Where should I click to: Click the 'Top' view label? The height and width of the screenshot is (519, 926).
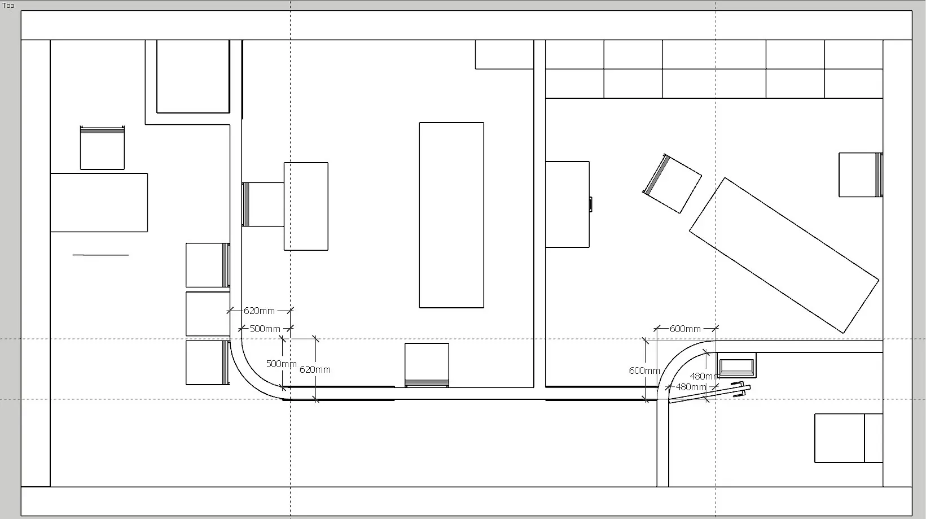[x=8, y=6]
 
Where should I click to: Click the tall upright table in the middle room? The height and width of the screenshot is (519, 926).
[x=451, y=215]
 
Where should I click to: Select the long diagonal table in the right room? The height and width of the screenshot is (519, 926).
[x=784, y=255]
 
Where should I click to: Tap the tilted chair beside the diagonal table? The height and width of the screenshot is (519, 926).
[x=672, y=184]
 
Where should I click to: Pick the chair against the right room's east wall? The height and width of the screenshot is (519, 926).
[x=861, y=175]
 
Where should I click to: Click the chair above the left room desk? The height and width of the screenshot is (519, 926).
[x=102, y=148]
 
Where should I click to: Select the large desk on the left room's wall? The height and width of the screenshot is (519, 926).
[x=99, y=202]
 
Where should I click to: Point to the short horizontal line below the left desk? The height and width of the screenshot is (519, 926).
[x=100, y=255]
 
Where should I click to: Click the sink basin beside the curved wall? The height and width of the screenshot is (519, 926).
[x=736, y=365]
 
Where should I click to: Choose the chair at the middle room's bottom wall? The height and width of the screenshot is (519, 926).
[x=427, y=365]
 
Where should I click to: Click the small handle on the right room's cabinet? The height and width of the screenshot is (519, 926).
[x=591, y=204]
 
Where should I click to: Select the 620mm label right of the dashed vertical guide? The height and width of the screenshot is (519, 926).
[x=315, y=369]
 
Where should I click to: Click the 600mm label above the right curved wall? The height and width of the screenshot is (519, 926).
[x=685, y=329]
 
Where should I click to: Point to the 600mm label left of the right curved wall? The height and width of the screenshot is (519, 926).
[x=644, y=371]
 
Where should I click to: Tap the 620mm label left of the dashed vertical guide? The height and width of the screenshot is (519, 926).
[x=259, y=311]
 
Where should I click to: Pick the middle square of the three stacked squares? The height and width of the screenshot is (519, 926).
[x=208, y=314]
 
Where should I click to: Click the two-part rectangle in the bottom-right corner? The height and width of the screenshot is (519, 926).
[x=849, y=438]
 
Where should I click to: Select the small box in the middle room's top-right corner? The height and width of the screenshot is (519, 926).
[x=504, y=54]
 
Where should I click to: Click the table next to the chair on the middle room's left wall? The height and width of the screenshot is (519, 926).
[x=306, y=206]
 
